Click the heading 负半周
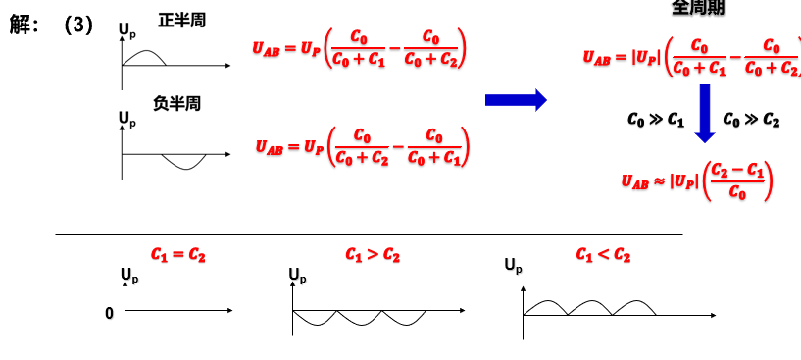176,103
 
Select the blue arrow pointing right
516,99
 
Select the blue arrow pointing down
703,114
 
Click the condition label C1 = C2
177,254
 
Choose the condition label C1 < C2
603,255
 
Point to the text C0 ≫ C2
751,120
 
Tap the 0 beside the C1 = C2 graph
110,313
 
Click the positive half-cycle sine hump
143,56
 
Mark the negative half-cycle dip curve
184,162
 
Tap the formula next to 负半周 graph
362,147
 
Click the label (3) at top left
77,26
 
